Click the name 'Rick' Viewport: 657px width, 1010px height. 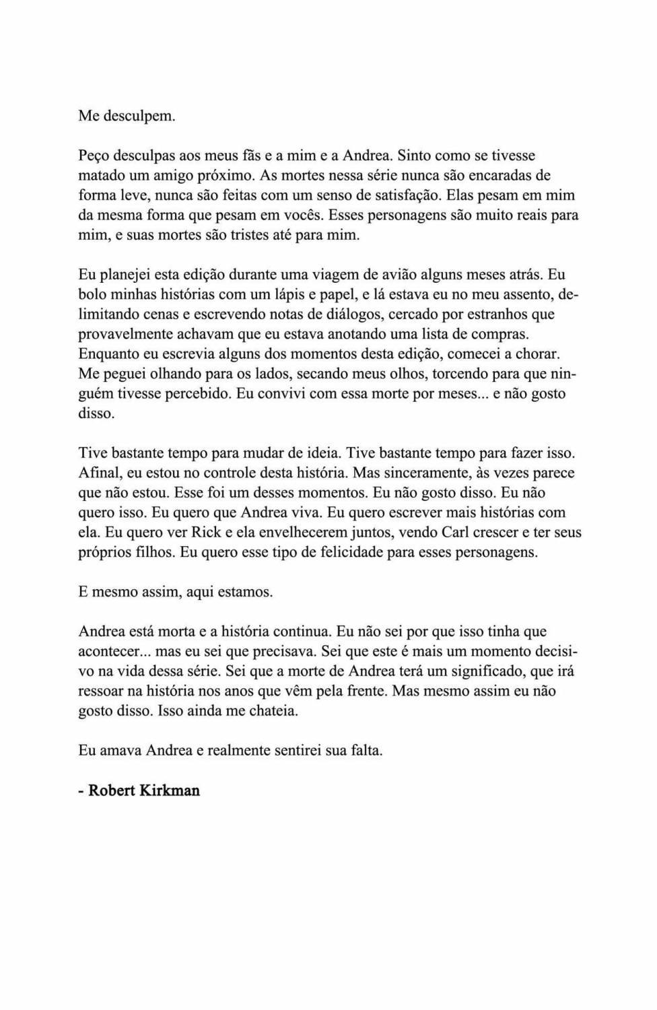tap(207, 533)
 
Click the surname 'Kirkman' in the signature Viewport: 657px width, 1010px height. tap(170, 790)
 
